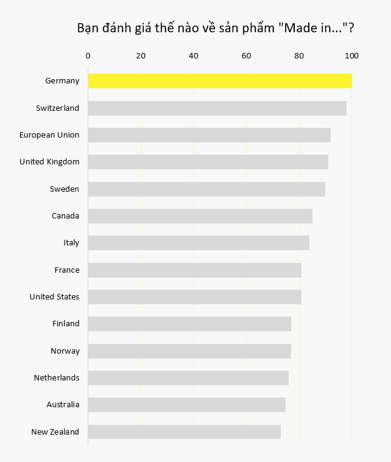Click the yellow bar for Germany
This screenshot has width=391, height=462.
[220, 81]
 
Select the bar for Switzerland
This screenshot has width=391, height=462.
[217, 108]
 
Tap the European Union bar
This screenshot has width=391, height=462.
[209, 135]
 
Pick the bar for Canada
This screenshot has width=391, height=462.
[200, 216]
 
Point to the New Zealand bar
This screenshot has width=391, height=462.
[184, 432]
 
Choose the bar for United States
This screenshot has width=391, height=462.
[194, 297]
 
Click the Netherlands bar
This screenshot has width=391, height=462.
[188, 378]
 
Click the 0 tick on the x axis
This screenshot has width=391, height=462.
[88, 56]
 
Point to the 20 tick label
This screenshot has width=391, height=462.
[141, 56]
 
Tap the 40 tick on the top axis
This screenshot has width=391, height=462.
[194, 56]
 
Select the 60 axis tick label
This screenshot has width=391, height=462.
[246, 56]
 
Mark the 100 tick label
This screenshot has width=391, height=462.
[351, 56]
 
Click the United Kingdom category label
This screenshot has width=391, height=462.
[49, 162]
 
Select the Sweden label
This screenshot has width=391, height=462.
[65, 189]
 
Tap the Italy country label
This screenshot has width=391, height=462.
[71, 243]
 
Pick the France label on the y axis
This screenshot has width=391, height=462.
[66, 270]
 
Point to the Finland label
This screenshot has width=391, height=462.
[66, 324]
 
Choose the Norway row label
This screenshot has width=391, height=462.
[65, 351]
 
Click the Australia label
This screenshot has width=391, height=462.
[63, 405]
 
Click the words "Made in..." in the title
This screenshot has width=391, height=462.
[312, 29]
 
